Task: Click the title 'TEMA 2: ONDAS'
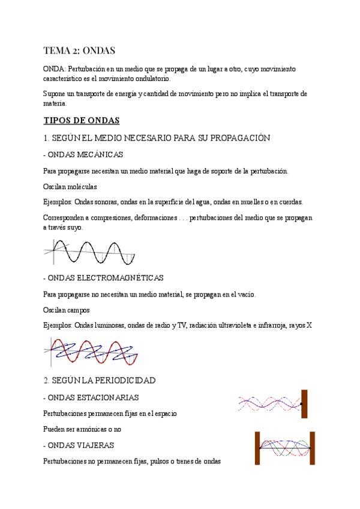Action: [79, 50]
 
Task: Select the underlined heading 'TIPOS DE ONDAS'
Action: [82, 120]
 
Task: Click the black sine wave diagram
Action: [90, 251]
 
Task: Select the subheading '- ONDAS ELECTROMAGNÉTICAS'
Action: [104, 278]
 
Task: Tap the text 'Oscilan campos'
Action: [67, 310]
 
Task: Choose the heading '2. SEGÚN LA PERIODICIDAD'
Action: [100, 381]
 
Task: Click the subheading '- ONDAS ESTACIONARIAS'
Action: [91, 397]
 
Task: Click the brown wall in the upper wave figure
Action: [304, 404]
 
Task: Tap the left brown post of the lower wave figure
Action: [257, 448]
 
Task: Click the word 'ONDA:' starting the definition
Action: [56, 70]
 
